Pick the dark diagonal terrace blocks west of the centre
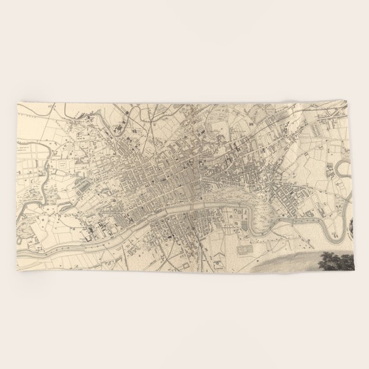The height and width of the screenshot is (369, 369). (84, 184)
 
